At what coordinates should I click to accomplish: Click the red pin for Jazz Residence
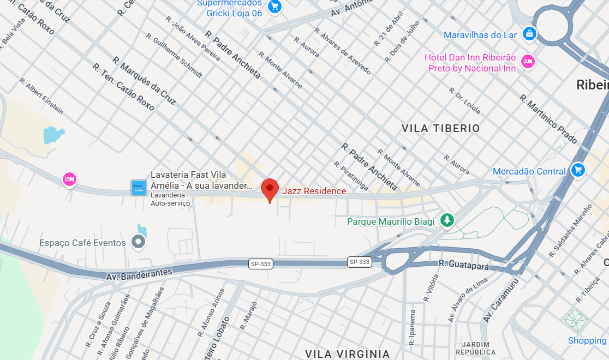pyautogui.click(x=269, y=189)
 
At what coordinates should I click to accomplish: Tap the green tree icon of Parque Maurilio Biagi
pyautogui.click(x=447, y=220)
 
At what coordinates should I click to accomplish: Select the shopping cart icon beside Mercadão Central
pyautogui.click(x=577, y=171)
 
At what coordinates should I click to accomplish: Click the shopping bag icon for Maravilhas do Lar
pyautogui.click(x=529, y=34)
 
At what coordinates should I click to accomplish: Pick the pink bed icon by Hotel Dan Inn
pyautogui.click(x=527, y=62)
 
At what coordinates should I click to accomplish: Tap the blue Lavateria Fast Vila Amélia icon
pyautogui.click(x=139, y=188)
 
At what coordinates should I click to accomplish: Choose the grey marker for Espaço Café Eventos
pyautogui.click(x=139, y=242)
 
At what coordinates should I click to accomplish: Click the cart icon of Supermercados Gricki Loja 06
pyautogui.click(x=274, y=6)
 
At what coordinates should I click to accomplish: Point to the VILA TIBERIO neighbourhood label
pyautogui.click(x=440, y=128)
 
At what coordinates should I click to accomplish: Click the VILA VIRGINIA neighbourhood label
pyautogui.click(x=348, y=353)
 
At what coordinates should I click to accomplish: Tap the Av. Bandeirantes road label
pyautogui.click(x=139, y=273)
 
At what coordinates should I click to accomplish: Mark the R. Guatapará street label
pyautogui.click(x=464, y=265)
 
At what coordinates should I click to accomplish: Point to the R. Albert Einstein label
pyautogui.click(x=41, y=96)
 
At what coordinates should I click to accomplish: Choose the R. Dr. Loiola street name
pyautogui.click(x=467, y=101)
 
